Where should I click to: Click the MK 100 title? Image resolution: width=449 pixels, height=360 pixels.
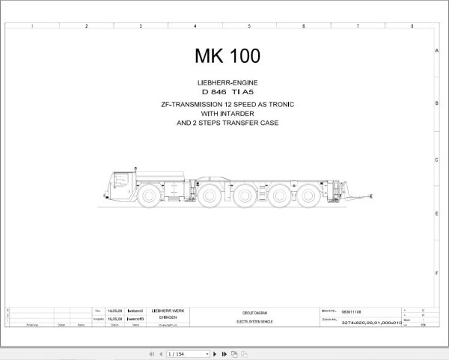tap(227, 56)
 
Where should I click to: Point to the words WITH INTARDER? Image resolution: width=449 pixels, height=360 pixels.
tap(227, 113)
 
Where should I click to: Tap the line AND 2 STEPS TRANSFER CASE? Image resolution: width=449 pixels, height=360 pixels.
tap(227, 122)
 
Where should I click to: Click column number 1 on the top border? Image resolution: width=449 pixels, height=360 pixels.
tap(31, 26)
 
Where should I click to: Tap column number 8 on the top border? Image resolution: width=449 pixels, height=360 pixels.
tap(412, 26)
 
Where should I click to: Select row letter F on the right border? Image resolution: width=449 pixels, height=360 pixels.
tap(436, 266)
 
